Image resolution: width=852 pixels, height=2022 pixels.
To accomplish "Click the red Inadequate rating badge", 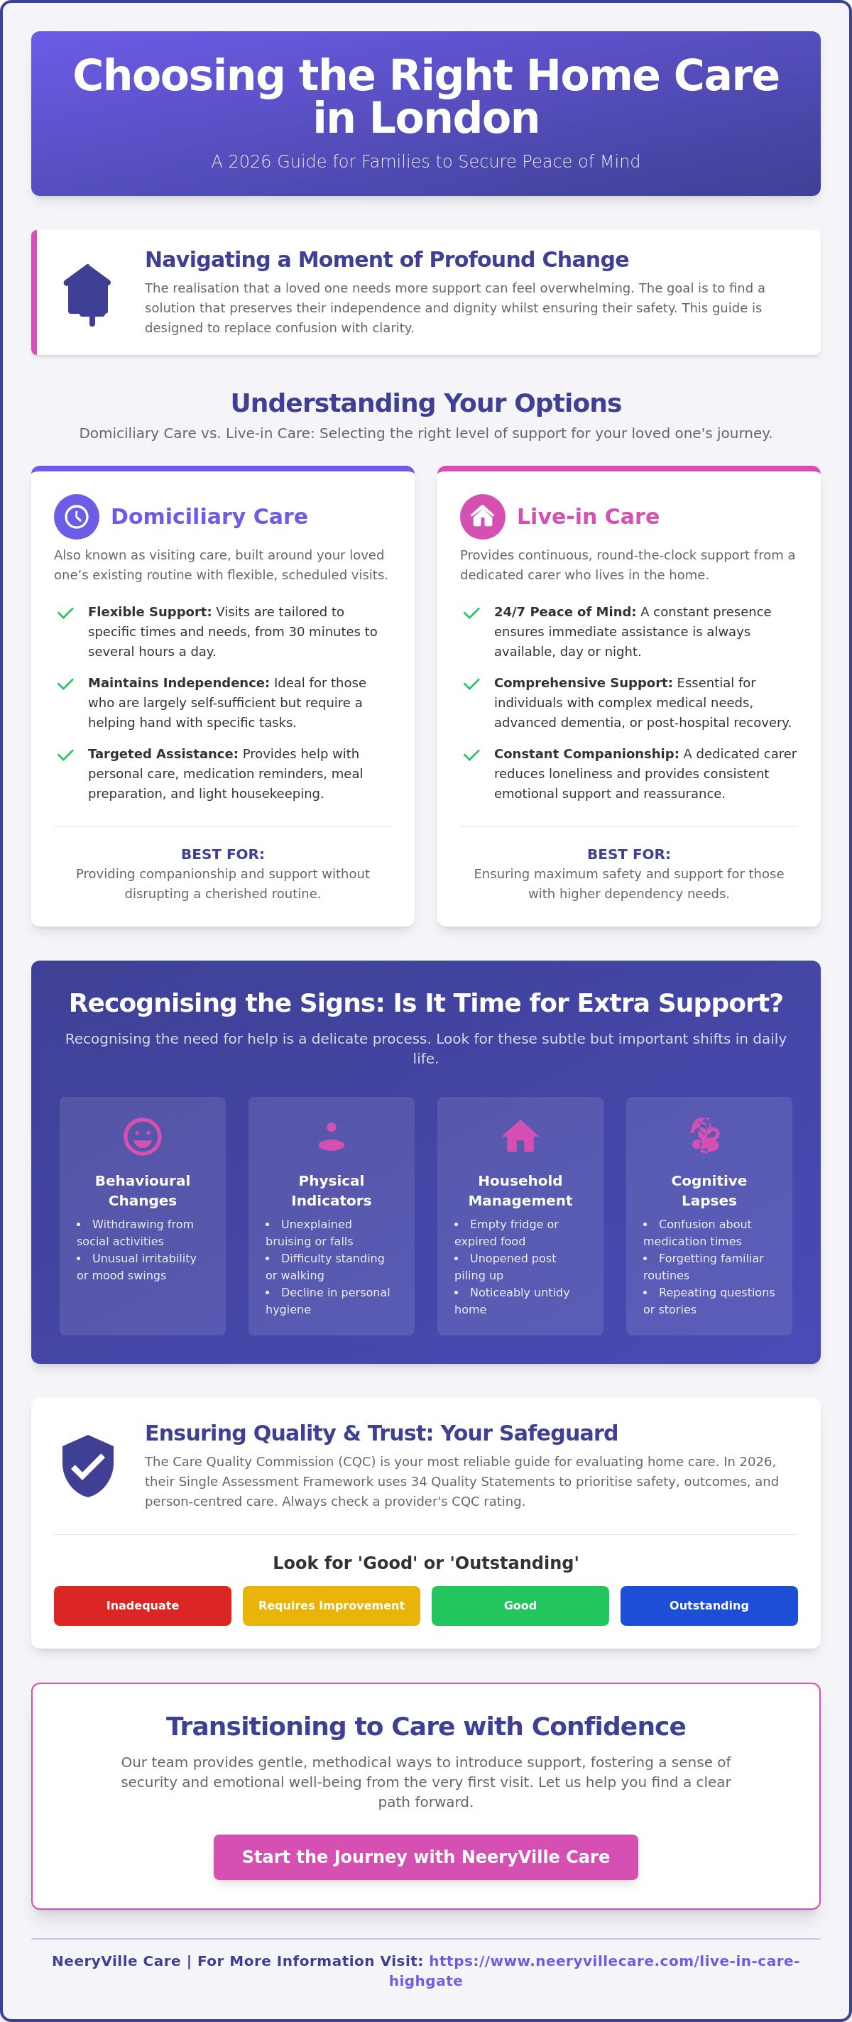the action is [x=142, y=1605].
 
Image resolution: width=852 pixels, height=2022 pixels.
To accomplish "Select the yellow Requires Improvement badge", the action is [x=332, y=1605].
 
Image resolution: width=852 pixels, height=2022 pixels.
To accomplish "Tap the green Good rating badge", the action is [x=520, y=1605].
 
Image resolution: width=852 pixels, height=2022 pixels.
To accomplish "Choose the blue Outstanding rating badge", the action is [x=709, y=1605].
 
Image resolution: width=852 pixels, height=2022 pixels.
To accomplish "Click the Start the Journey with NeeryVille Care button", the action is [x=425, y=1857].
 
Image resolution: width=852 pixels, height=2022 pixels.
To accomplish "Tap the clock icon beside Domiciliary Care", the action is [x=76, y=516].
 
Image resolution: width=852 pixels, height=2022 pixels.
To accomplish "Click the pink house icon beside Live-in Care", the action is [x=482, y=516].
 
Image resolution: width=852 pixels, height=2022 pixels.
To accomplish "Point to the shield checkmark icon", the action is [x=88, y=1465].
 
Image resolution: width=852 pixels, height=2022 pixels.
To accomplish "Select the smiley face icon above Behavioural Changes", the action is [x=143, y=1136].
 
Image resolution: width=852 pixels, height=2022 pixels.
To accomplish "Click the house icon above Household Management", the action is [x=520, y=1136].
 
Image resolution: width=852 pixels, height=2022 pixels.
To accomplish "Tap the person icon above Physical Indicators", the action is [x=332, y=1136].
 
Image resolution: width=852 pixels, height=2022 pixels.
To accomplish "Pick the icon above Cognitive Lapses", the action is [x=705, y=1135].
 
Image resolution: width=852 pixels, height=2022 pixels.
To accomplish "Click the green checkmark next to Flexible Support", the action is [x=66, y=613].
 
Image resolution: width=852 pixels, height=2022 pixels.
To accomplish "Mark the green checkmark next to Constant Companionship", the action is [x=472, y=755].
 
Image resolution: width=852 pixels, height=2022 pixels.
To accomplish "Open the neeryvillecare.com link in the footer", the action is [x=594, y=1970].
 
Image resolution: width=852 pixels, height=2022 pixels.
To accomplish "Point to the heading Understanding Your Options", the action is [x=425, y=403].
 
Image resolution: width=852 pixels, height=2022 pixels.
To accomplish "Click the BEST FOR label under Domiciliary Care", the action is [x=223, y=854].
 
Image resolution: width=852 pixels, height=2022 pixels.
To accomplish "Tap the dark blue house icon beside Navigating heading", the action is [x=87, y=295].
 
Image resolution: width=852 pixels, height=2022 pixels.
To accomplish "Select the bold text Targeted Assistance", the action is [x=163, y=753].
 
